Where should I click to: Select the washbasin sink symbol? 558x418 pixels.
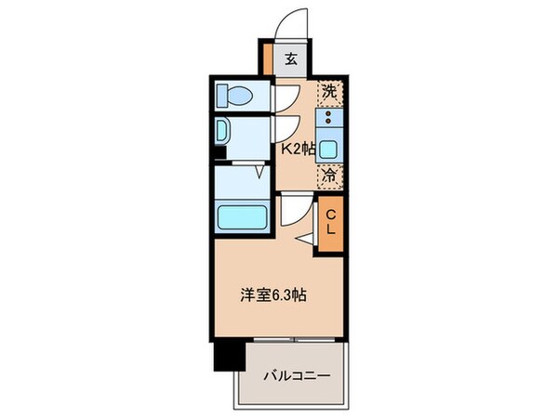(x=222, y=130)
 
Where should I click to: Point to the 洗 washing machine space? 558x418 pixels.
(x=329, y=92)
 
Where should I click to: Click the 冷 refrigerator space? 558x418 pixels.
(x=329, y=174)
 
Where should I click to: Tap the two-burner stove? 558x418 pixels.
(x=329, y=118)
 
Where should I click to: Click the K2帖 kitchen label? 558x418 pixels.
(x=298, y=147)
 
